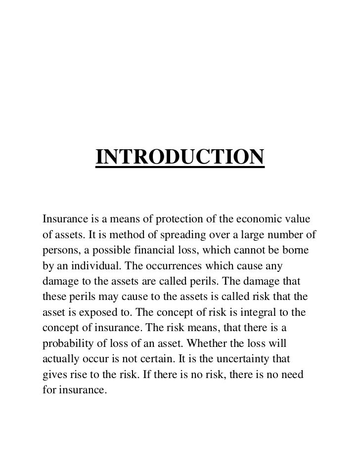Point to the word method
click(128, 235)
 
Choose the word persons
click(59, 251)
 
